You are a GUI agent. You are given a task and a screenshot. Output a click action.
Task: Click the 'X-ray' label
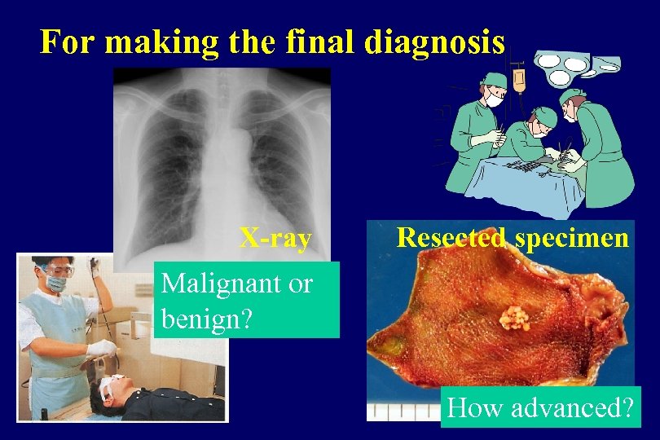click(x=275, y=238)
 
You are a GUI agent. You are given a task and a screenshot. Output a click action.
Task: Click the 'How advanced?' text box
click(x=540, y=407)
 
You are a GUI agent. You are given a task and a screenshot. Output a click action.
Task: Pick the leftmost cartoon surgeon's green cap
click(x=493, y=80)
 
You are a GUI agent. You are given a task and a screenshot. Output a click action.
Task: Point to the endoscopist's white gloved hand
click(x=102, y=348)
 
